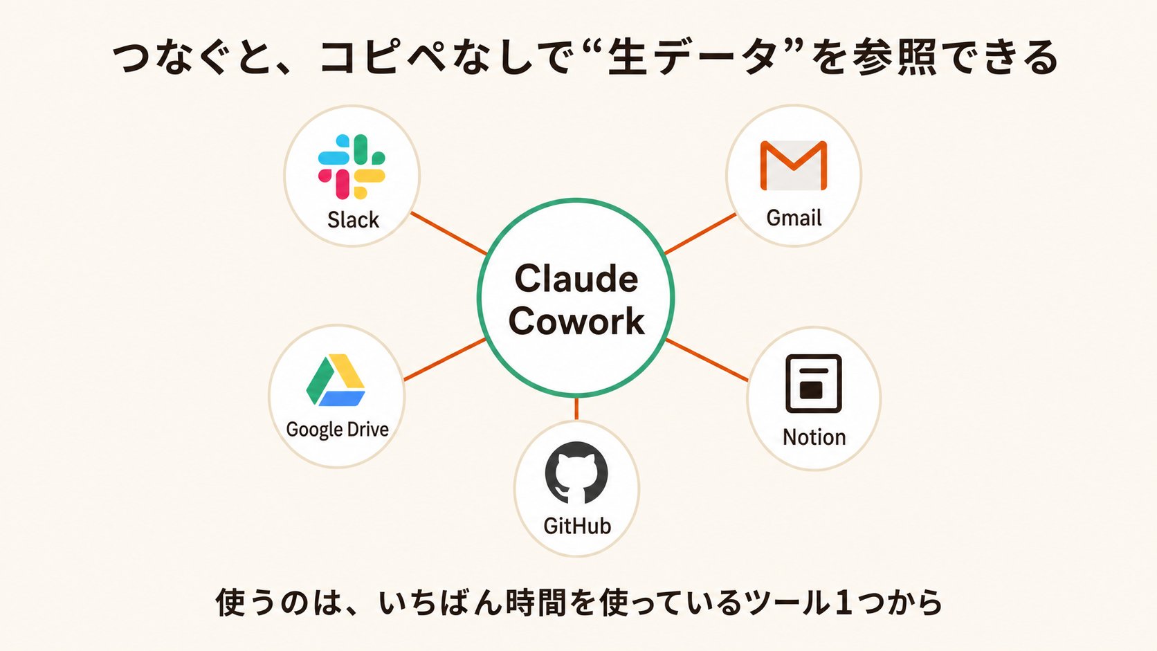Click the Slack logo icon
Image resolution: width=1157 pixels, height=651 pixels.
[352, 167]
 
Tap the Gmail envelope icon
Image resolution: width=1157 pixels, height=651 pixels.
[794, 165]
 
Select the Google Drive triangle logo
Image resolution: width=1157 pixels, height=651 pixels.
[336, 380]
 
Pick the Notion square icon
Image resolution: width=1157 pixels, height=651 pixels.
[814, 383]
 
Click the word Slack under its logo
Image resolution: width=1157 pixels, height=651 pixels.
[354, 220]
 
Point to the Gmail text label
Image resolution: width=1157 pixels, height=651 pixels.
[794, 218]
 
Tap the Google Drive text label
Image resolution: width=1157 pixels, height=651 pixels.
[337, 430]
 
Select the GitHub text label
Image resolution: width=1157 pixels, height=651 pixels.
[578, 526]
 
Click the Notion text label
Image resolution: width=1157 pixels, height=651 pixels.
[814, 437]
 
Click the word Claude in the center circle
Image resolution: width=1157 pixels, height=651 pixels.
[576, 279]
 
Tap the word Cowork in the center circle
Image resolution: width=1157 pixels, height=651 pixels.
[576, 321]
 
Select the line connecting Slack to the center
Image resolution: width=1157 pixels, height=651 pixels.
[448, 233]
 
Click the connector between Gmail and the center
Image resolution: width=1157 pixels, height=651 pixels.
[700, 233]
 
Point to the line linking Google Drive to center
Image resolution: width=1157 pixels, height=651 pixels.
[445, 360]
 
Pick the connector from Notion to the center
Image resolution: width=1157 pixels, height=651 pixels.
[707, 360]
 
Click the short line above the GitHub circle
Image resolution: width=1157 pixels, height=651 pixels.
[576, 409]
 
